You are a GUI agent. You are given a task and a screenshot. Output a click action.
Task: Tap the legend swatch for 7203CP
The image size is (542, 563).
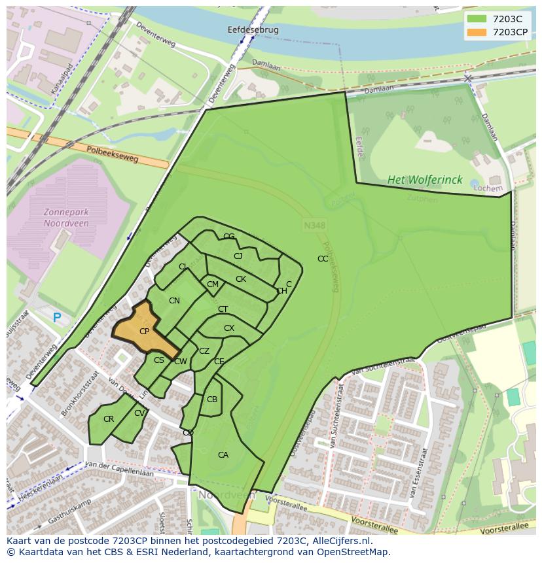point(477,31)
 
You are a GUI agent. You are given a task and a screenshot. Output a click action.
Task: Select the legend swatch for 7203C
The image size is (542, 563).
point(477,19)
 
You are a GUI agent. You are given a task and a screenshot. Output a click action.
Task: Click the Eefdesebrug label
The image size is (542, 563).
point(253,30)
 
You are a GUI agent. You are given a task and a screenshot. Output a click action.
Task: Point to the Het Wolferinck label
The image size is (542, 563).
point(424,180)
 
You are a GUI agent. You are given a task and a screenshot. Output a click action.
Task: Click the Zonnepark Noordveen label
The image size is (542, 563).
point(66,218)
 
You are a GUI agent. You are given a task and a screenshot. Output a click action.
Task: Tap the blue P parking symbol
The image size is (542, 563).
point(57,318)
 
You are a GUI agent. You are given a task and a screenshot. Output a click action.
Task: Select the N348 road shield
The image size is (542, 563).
point(314,225)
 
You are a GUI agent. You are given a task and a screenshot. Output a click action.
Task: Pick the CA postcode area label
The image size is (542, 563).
point(223,455)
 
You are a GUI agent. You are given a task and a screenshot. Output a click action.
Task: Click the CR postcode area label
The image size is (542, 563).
point(109,419)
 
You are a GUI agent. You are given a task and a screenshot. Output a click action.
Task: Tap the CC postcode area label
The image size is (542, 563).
point(323,259)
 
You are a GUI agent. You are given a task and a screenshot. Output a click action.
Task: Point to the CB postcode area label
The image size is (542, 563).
point(212,400)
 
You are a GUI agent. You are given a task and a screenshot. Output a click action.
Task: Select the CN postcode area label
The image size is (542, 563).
point(174,301)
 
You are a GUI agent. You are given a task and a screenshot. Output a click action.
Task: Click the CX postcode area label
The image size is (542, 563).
point(229,328)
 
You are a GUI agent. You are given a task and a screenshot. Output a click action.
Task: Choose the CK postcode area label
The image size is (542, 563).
point(241,279)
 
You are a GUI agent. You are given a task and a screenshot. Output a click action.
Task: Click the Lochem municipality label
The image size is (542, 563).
point(488,188)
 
